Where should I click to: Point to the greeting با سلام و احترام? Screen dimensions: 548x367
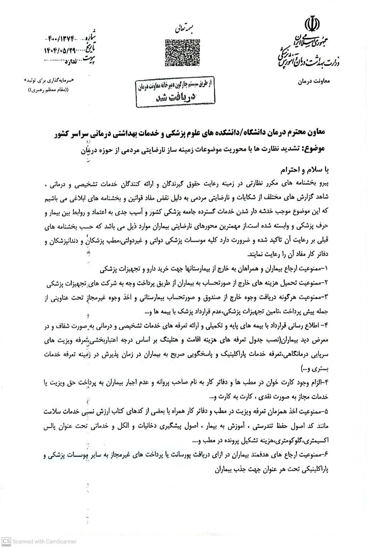click(x=304, y=169)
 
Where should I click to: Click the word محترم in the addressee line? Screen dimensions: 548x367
click(x=292, y=133)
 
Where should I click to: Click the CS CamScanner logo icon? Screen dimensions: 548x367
click(x=6, y=541)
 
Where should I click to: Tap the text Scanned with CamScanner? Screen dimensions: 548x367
click(x=44, y=541)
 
